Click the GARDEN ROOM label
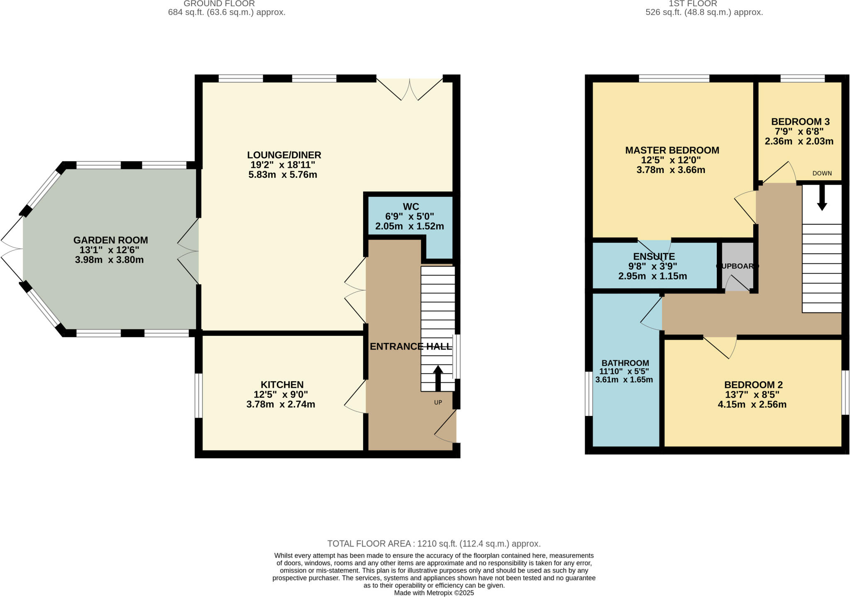tap(110, 240)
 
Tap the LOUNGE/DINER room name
tap(284, 155)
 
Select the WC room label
tap(410, 206)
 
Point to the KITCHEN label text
tap(282, 384)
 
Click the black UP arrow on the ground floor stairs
tap(438, 377)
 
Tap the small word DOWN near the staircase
tap(822, 173)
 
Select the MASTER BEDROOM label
tap(672, 150)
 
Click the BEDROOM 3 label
tap(800, 122)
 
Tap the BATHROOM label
tap(625, 362)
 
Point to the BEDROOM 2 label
tap(753, 384)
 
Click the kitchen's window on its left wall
tap(199, 395)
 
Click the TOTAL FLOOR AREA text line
tap(434, 543)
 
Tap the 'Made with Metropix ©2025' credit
tap(434, 593)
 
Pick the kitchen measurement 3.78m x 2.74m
tap(281, 404)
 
